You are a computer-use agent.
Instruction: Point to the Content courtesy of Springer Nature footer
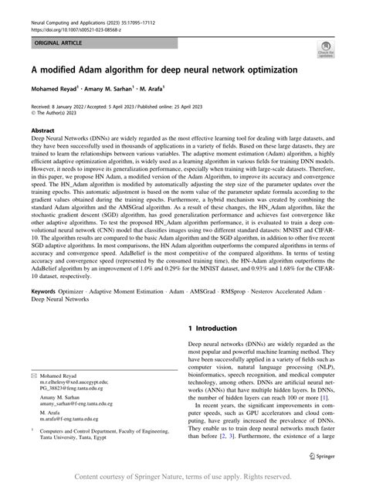pos(182,476)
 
